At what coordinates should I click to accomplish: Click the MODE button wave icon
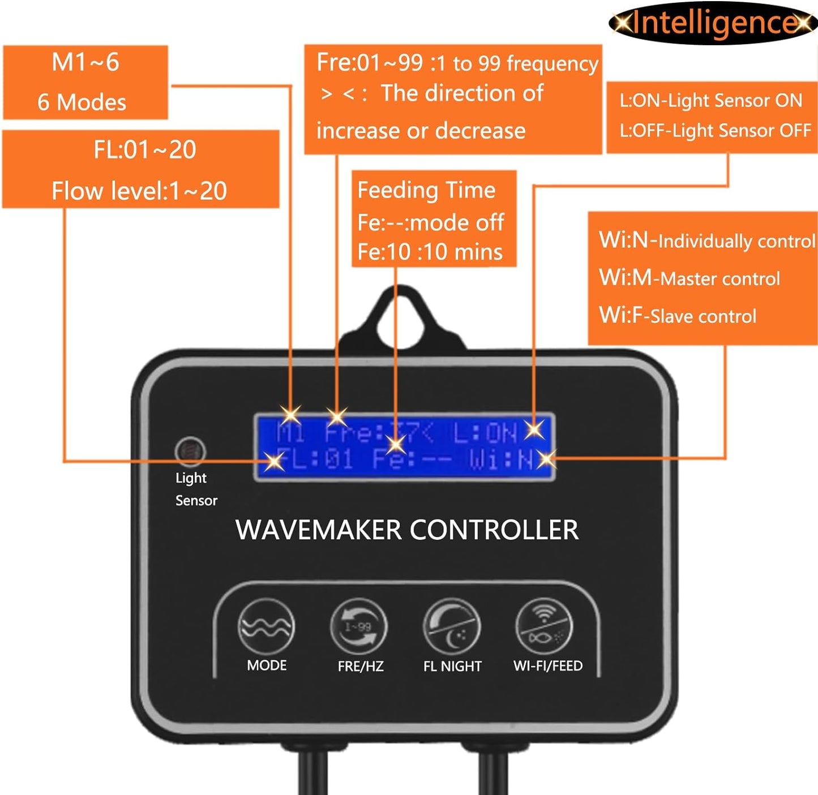266,627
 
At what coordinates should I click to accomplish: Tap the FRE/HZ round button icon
359,627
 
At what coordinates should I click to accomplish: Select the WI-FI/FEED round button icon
545,627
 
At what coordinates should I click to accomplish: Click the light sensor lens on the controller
190,450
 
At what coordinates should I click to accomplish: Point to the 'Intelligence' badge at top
713,23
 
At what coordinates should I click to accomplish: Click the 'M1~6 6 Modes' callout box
85,83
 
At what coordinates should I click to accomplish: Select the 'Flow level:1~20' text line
139,191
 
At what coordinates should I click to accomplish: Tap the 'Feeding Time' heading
426,190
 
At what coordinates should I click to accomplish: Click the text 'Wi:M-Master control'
689,278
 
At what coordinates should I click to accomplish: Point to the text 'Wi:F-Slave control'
678,315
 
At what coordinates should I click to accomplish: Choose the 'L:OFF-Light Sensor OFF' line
716,131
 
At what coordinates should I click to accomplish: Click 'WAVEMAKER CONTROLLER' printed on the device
407,530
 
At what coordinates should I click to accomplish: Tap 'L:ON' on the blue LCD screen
486,433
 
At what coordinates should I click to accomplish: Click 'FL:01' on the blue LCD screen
315,459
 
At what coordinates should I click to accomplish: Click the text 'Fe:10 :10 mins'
430,252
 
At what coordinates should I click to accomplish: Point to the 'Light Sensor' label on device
195,489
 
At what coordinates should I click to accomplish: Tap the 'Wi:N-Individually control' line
706,240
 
